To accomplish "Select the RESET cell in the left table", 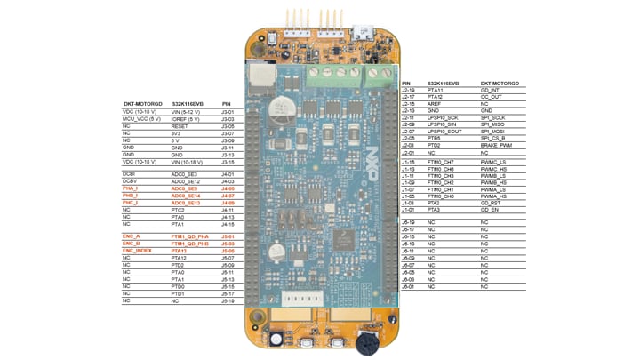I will [180, 126].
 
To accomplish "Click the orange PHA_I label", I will [131, 189].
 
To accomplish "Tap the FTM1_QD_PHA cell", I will [188, 236].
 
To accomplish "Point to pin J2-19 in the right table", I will [409, 90].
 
